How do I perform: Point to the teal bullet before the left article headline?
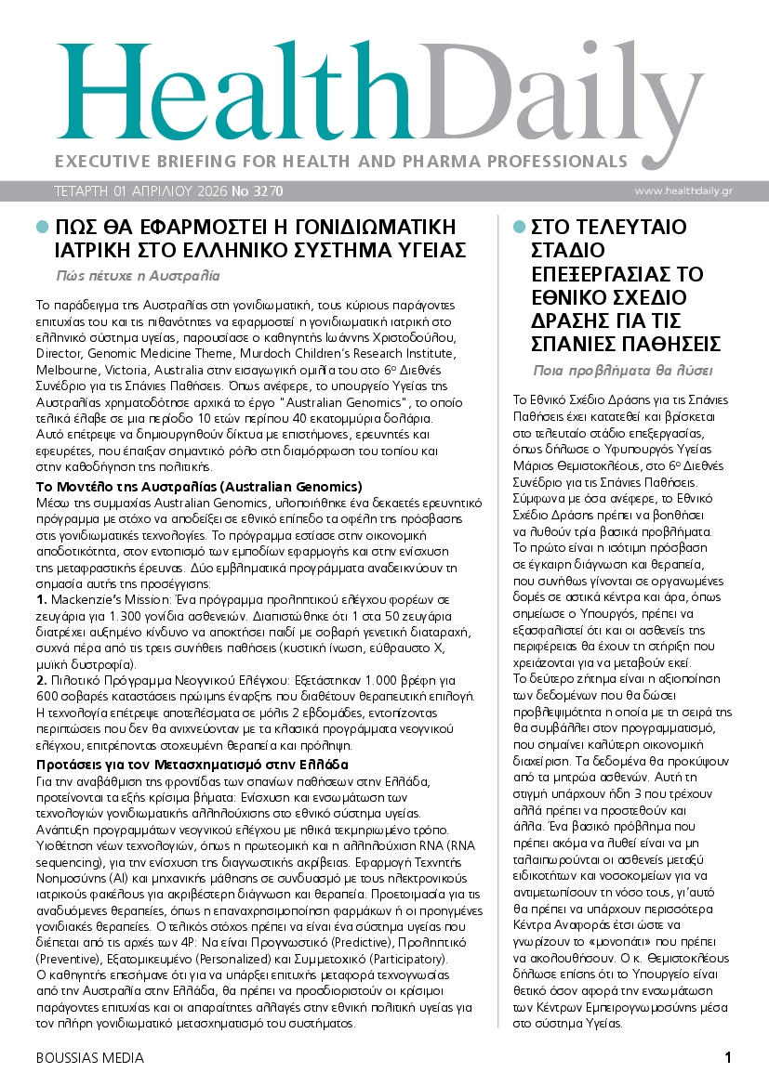tap(41, 227)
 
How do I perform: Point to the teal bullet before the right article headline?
tap(519, 227)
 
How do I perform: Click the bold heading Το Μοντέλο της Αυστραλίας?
tap(199, 487)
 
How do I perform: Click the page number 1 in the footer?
tap(728, 1056)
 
